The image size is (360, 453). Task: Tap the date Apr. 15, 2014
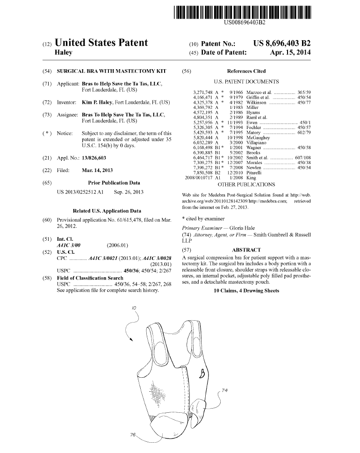290,52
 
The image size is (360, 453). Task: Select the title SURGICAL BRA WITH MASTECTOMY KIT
111,72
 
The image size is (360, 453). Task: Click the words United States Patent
101,43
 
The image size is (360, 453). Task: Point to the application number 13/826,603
94,158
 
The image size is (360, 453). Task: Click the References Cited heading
246,72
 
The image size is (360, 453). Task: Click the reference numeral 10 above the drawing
134,308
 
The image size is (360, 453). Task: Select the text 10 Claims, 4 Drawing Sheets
246,291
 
